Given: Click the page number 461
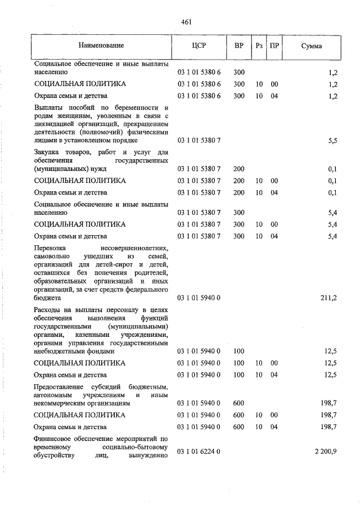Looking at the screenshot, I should click(x=187, y=22).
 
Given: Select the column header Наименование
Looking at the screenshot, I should click(x=101, y=45).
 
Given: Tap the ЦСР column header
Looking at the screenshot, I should click(x=199, y=45).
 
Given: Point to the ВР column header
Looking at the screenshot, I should click(x=238, y=45).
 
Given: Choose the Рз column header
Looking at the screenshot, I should click(x=259, y=45).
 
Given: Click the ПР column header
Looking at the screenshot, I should click(x=274, y=45).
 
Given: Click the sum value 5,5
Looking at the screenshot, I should click(x=332, y=141).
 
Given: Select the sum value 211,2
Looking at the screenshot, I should click(x=328, y=298).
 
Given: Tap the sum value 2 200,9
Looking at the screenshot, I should click(x=325, y=452).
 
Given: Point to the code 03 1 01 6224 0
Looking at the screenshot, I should click(x=199, y=452).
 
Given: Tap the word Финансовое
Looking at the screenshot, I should click(x=53, y=438).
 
